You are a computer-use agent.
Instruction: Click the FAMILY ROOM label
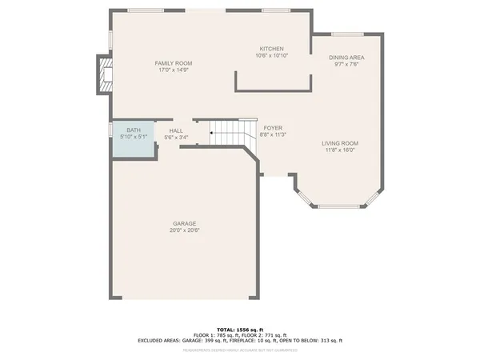coord(173,63)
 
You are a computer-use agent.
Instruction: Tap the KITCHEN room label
coord(271,49)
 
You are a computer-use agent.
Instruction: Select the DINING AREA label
coord(347,58)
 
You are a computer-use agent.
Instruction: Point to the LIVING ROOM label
coord(340,143)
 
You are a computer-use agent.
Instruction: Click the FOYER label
coord(272,128)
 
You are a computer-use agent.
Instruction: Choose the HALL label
coord(176,130)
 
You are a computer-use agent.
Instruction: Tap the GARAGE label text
coord(184,223)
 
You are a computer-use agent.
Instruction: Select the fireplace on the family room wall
coord(104,75)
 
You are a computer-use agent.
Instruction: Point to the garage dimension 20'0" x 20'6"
coord(184,230)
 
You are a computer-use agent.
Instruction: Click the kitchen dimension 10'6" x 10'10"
coord(271,56)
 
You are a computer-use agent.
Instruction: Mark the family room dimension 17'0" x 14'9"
coord(173,70)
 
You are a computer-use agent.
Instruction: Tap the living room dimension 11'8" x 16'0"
coord(340,150)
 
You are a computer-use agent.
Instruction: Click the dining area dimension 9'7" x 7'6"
coord(347,65)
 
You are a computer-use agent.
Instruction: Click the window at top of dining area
coord(347,34)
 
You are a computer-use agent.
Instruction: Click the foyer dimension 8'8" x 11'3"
coord(272,135)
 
